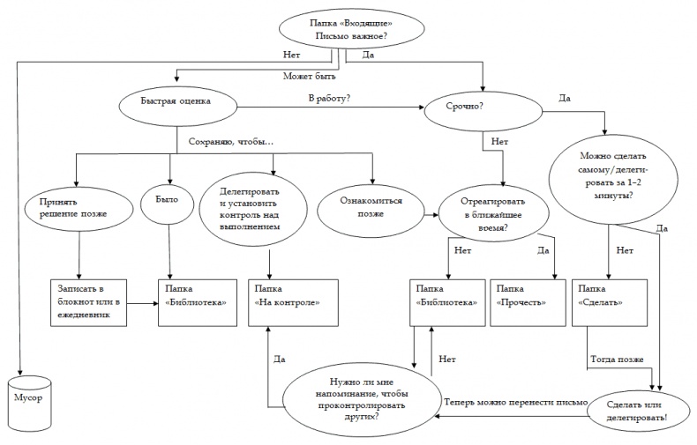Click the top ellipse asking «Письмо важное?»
(349, 31)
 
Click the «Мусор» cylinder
(26, 401)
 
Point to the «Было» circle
(167, 202)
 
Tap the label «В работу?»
(328, 96)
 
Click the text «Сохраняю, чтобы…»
(226, 142)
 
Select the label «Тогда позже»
(617, 360)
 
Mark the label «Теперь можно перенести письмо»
(516, 402)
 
